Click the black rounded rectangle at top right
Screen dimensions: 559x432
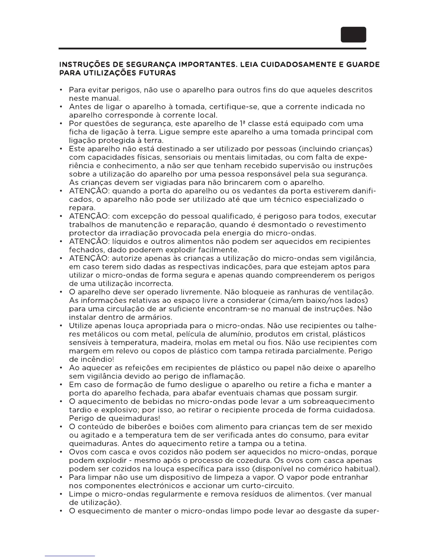click(x=353, y=35)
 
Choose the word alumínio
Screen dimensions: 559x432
click(x=231, y=334)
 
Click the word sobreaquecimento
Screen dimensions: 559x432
click(x=339, y=402)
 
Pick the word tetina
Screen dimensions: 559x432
click(x=294, y=444)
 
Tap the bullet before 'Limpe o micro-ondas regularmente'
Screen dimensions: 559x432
click(x=61, y=494)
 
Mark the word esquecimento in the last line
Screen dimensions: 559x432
click(x=104, y=511)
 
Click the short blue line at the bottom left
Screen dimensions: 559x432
click(x=70, y=556)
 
